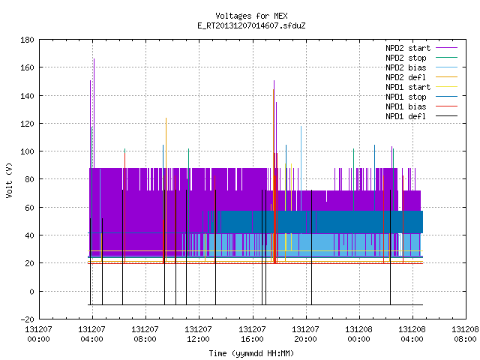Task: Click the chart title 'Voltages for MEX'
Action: tap(251, 16)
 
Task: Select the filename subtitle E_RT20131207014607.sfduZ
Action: tap(251, 25)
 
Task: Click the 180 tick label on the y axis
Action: tap(27, 40)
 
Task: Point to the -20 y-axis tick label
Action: tap(27, 319)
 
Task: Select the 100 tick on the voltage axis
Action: tap(27, 151)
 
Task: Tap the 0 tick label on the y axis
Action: tap(31, 292)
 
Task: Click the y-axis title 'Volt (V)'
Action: tap(9, 180)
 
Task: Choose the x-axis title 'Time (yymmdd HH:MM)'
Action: tap(251, 353)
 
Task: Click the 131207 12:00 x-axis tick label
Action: tap(198, 334)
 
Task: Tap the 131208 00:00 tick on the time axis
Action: tap(358, 334)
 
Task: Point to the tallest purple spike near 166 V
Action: tap(94, 58)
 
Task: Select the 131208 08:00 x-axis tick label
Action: tap(465, 334)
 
